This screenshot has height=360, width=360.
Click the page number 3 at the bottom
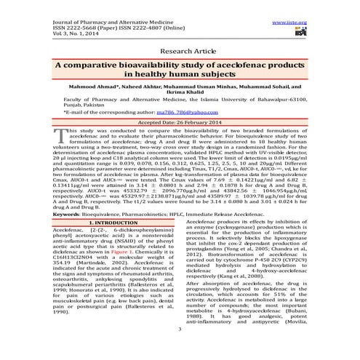pos(180,350)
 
